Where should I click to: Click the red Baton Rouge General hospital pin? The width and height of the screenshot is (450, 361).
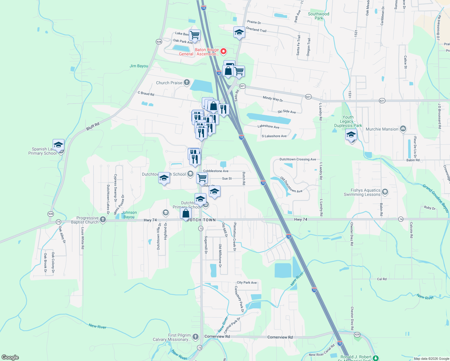223,51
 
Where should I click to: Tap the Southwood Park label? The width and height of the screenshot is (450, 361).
319,16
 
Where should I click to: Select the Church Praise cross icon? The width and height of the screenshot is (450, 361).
187,82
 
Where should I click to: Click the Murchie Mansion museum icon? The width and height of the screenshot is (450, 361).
403,129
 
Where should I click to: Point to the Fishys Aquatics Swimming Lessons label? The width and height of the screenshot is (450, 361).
362,193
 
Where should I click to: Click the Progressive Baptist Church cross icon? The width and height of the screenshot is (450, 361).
103,219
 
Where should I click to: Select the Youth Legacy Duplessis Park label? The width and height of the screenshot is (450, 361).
348,121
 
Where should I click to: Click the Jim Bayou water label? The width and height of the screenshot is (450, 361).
139,66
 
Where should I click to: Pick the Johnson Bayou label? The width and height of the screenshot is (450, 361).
129,214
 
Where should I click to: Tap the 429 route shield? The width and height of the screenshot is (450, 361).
357,335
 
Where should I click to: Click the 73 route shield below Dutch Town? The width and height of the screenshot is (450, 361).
201,229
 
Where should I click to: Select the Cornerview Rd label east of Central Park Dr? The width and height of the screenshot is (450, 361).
280,337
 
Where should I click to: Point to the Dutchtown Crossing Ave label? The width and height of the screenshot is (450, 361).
298,159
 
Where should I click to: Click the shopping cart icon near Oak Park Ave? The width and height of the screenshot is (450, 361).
195,35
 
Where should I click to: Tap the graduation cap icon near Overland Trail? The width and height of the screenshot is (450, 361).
239,32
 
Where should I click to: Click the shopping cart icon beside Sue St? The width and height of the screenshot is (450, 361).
202,177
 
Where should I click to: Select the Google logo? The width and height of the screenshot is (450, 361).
10,357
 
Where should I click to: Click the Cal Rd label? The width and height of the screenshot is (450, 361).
382,279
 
